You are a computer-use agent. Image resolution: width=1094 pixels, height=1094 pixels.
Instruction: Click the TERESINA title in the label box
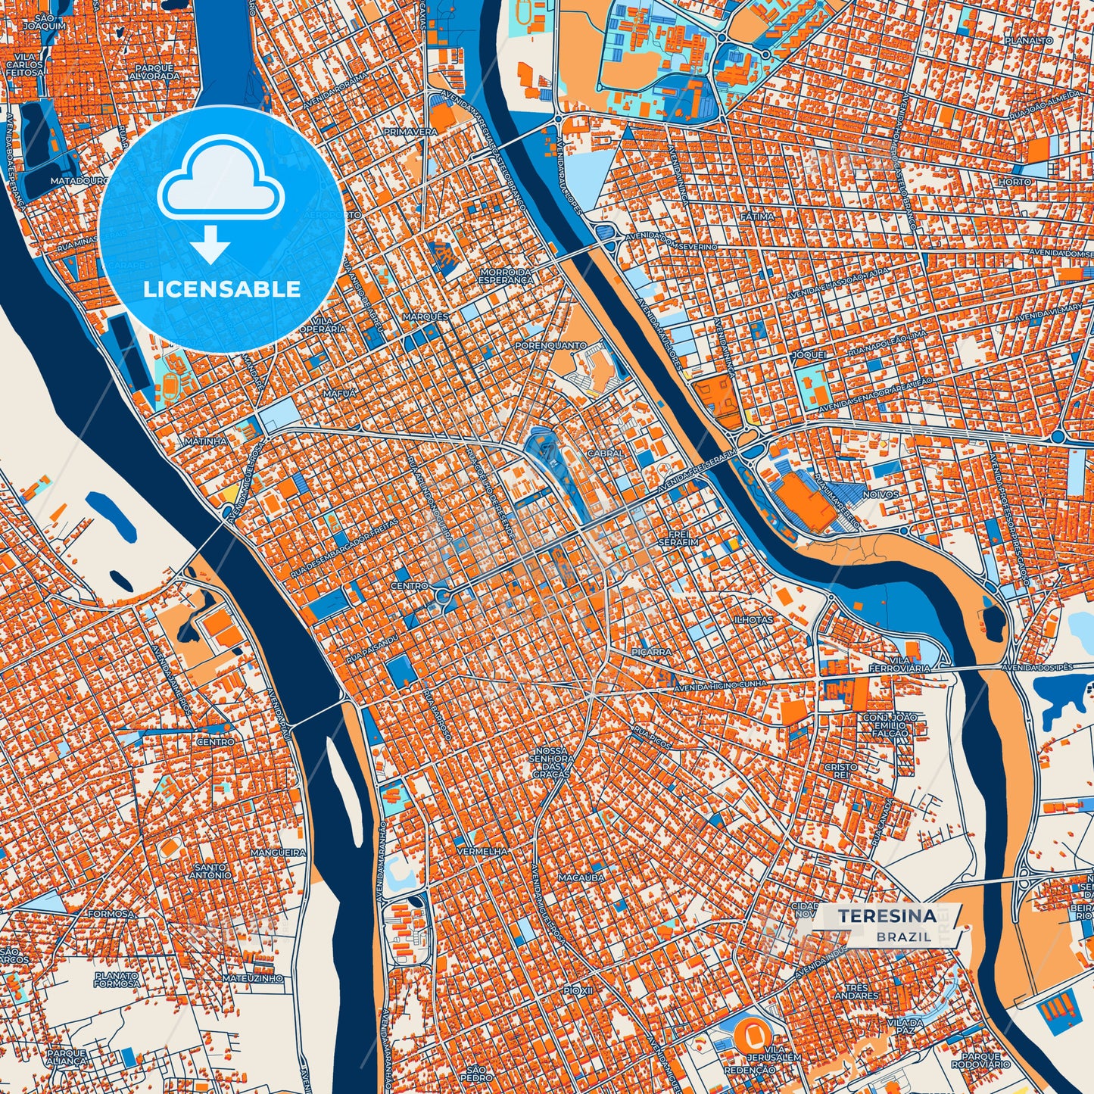(887, 916)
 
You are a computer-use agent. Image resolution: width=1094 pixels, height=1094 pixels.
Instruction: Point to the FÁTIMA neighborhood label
(757, 217)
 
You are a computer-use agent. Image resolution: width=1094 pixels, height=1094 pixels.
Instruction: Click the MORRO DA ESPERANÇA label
(505, 276)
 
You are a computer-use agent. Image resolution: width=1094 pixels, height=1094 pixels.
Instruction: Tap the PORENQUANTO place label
(550, 345)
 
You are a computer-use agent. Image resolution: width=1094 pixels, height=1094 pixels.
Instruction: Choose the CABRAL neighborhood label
(606, 453)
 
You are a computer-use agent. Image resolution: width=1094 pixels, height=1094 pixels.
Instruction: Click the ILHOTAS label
(753, 619)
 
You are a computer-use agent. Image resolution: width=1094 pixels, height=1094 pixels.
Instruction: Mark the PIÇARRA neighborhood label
(651, 651)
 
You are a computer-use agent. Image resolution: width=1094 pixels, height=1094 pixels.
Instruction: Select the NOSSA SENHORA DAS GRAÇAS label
(551, 762)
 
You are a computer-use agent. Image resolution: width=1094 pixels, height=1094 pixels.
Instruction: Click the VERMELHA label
(482, 851)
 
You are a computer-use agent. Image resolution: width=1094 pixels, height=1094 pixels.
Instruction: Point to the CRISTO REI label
(840, 771)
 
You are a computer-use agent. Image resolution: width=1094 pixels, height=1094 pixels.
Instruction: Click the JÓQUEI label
(809, 354)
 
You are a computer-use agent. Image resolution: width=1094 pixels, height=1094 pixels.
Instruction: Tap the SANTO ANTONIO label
(211, 871)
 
